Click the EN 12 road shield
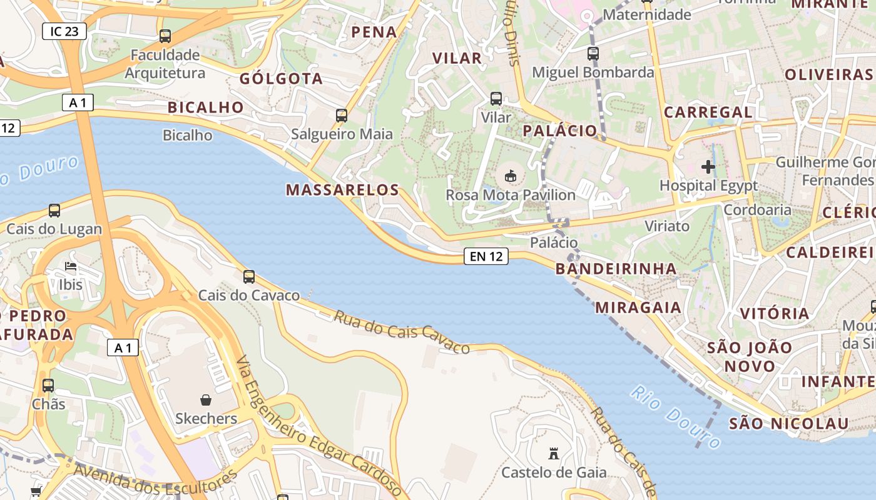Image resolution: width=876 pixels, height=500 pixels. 486,256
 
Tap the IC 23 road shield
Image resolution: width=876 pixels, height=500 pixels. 64,31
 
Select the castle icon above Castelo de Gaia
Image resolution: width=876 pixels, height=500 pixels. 553,453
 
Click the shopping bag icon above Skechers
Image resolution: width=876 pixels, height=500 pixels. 206,399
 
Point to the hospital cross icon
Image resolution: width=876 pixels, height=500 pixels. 708,167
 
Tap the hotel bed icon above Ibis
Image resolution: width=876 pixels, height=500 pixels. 71,267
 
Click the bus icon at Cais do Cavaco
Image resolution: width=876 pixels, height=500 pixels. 249,276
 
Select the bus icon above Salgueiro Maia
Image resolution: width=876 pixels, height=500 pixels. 342,116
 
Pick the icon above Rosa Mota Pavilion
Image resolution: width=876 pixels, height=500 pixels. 510,176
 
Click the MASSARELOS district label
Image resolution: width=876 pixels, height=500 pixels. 342,190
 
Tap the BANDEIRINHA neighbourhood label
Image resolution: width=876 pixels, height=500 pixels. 616,269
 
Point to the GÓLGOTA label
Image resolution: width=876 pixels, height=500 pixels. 281,79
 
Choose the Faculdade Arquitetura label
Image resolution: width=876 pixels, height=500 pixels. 165,64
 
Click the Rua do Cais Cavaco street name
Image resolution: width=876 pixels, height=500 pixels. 401,332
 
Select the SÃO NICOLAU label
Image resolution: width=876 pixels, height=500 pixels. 789,423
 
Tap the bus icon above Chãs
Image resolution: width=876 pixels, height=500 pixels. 48,386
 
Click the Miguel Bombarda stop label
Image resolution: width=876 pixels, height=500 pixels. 593,72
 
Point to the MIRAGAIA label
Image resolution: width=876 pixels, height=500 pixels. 638,307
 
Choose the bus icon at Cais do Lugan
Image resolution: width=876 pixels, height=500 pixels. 54,211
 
